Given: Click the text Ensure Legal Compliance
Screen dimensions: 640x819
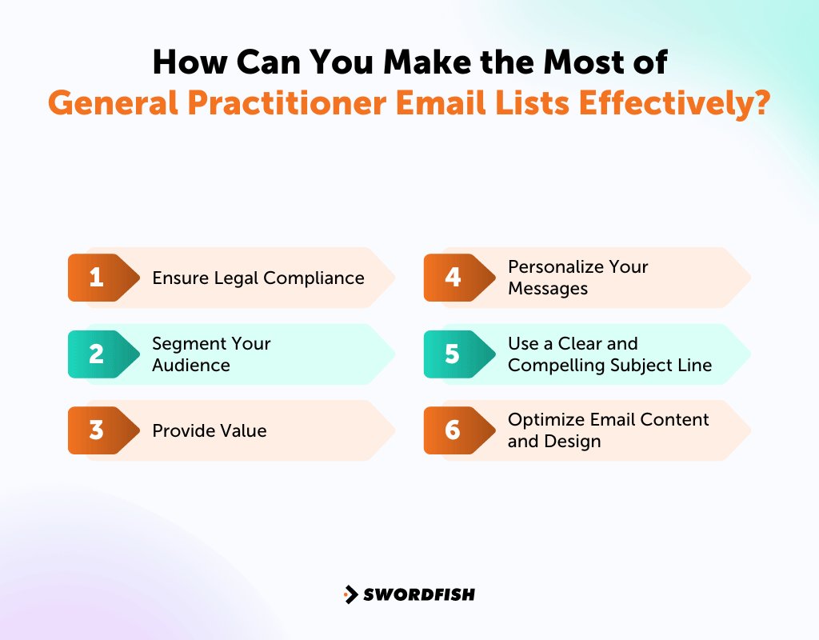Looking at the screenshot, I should click(x=258, y=278).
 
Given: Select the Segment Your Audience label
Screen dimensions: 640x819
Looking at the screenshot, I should click(x=211, y=354).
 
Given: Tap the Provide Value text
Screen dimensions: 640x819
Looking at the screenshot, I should click(x=210, y=430).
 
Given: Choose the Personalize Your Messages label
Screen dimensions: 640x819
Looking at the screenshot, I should click(x=577, y=278).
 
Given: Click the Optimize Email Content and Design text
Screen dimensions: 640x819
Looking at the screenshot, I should click(x=608, y=430).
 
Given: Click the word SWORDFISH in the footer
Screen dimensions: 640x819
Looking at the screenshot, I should click(x=419, y=594).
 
